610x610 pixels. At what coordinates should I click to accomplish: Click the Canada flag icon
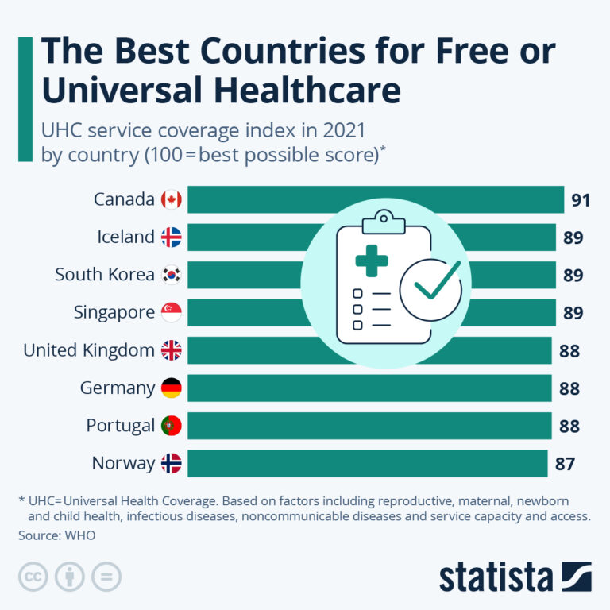click(171, 199)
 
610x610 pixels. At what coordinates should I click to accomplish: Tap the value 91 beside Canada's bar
click(581, 200)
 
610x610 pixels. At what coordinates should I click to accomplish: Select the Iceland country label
click(125, 237)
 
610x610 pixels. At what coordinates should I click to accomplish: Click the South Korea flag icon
click(171, 275)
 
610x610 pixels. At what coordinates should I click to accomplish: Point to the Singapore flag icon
click(171, 313)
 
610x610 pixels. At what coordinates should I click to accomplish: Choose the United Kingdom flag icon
click(171, 350)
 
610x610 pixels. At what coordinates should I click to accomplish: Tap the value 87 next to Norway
click(565, 464)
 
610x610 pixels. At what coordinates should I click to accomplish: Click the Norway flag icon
click(171, 464)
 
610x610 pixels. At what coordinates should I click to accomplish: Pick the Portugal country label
click(120, 426)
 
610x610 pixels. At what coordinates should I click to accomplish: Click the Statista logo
click(515, 577)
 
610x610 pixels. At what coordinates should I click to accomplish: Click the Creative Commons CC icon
click(33, 577)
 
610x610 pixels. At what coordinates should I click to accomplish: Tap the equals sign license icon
click(106, 577)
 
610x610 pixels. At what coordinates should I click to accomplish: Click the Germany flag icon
click(171, 388)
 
